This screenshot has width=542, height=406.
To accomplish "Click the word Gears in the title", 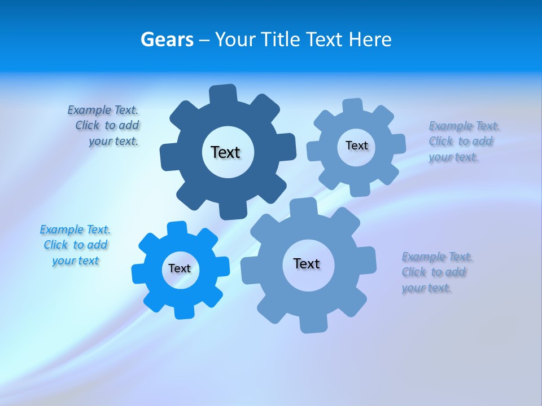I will pos(167,39).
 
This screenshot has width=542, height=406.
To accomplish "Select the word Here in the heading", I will pos(370,39).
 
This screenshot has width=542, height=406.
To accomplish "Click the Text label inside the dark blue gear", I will pos(225,152).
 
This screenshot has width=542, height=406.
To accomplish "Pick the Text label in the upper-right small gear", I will pos(356,145).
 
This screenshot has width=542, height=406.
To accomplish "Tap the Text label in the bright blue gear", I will pos(180,268).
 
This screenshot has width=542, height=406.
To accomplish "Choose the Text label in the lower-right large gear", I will pos(307,263).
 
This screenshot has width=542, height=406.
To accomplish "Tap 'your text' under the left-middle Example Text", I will pos(76,261).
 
